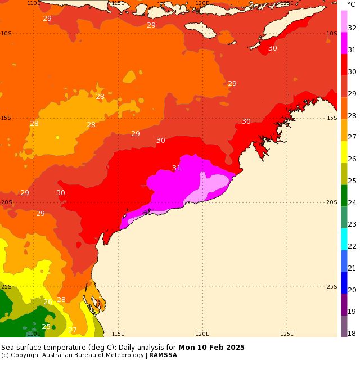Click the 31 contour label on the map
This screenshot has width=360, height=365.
[177, 168]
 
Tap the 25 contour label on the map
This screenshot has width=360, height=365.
[46, 327]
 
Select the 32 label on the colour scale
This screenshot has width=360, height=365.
[352, 28]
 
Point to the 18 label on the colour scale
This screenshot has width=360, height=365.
[352, 334]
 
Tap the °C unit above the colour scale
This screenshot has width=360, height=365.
[351, 4]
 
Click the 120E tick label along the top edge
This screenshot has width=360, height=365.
[202, 3]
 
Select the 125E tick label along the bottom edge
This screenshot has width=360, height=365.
[287, 334]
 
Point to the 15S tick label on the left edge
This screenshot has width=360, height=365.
[6, 118]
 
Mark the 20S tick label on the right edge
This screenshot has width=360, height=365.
[332, 202]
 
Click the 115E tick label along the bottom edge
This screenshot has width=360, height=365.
[118, 334]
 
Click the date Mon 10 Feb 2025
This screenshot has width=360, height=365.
[211, 348]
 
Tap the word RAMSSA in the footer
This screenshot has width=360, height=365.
[163, 355]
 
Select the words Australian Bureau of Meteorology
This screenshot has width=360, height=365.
[99, 355]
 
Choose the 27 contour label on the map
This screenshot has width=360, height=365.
[73, 330]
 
